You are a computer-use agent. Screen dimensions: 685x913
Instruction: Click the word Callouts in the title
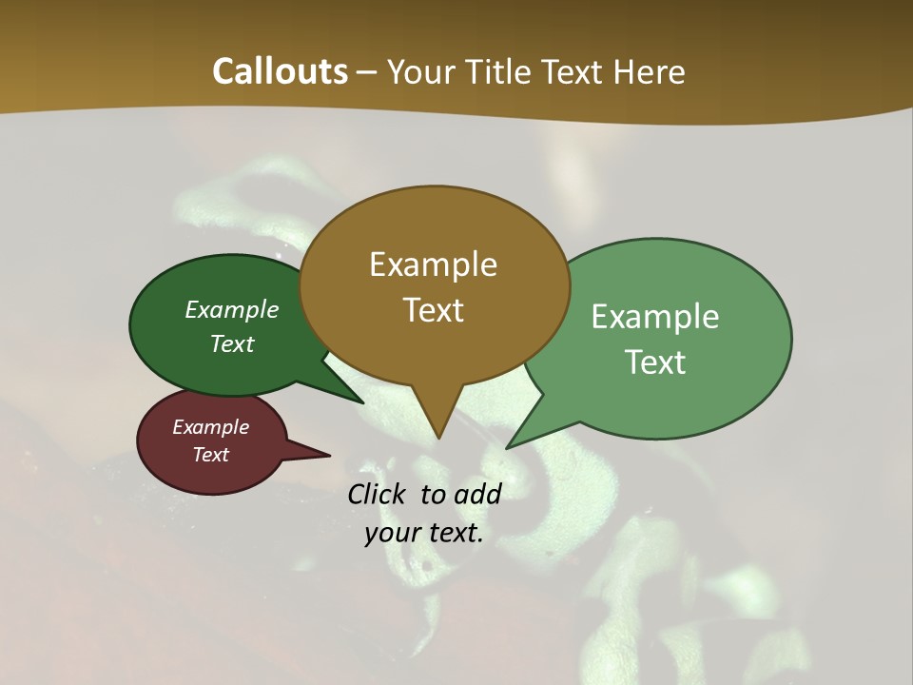280,71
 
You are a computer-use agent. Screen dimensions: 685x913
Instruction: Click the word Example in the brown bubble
433,264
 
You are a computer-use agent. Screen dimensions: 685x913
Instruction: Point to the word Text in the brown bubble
434,310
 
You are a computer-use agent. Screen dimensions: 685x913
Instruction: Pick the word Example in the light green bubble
655,317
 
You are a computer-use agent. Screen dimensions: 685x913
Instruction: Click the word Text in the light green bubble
655,362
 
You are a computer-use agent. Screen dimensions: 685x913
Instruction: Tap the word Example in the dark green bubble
232,309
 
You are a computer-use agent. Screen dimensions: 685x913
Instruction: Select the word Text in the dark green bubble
232,343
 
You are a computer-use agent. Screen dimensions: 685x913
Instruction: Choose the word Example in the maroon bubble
210,427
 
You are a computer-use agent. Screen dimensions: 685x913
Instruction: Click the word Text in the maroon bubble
211,455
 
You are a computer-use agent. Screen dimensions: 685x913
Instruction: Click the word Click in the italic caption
379,494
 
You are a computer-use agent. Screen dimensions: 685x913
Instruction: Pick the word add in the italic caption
477,494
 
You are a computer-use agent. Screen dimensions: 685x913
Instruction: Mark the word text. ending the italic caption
455,533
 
